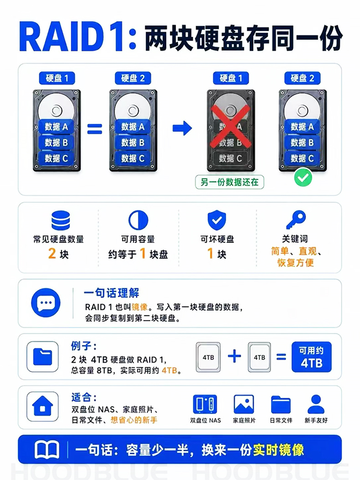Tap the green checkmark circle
pos(303,178)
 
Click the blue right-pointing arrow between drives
pos(182,128)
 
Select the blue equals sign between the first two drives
pos(94,129)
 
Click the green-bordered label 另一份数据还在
pos(229,183)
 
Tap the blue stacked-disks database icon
pos(61,220)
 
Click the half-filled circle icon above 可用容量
pos(138,220)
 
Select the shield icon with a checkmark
pos(217,220)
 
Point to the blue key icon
pos(295,220)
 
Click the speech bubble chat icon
pos(46,303)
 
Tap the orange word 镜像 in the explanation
pos(140,307)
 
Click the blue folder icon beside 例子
pos(42,356)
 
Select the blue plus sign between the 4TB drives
pos(234,356)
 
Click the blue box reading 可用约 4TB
pos(312,357)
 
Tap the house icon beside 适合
pos(42,406)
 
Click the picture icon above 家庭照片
pos(244,404)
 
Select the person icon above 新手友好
pos(316,404)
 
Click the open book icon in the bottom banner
pos(47,450)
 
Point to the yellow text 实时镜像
pos(278,450)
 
